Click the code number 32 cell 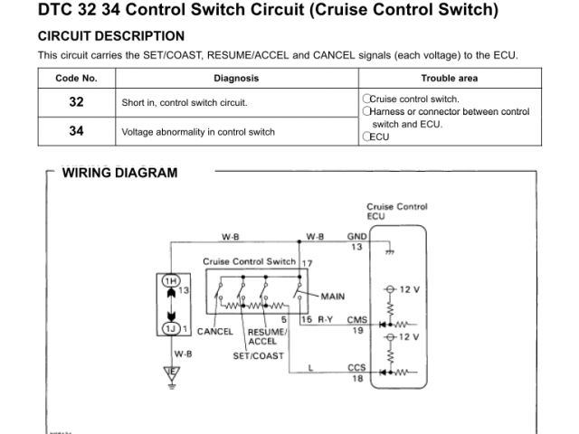pos(76,102)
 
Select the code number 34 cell pos(76,131)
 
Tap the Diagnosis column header pos(236,78)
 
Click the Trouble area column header pos(450,78)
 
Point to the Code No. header pos(76,78)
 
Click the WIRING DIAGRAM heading pos(119,173)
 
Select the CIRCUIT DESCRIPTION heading pos(111,36)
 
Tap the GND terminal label pos(357,237)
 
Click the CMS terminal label pos(357,319)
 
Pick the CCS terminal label pos(357,368)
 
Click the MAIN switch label pos(332,296)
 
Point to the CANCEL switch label pos(215,331)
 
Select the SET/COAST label pos(258,355)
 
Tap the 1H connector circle pos(169,280)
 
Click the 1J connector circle pos(169,327)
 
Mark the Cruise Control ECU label pos(396,212)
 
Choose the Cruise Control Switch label pos(249,261)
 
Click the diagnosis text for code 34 pos(198,132)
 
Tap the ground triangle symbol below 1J pos(169,373)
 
